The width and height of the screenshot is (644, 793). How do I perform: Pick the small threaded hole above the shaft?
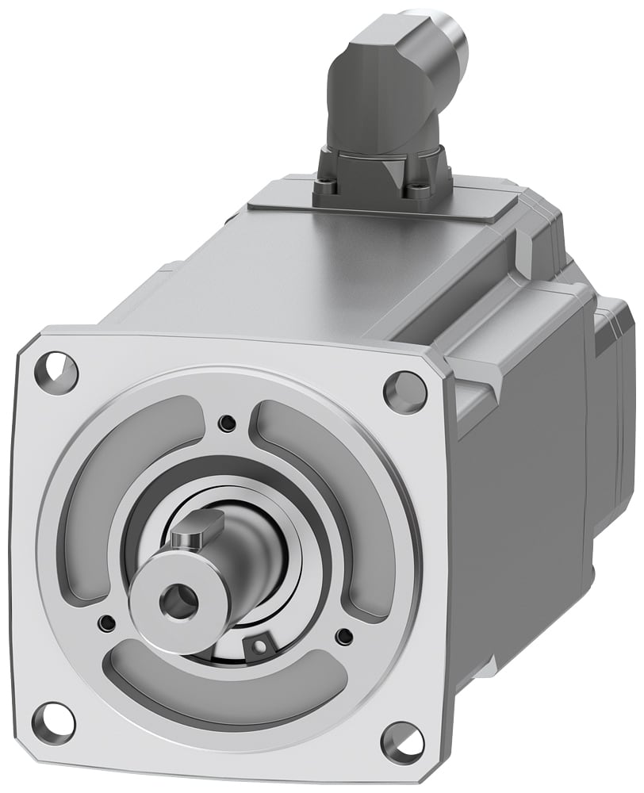[228, 423]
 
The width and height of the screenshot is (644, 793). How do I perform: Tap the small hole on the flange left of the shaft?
[104, 622]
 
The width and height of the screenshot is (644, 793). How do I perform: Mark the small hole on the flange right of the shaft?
[343, 636]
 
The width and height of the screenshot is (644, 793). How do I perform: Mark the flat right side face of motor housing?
[523, 515]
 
